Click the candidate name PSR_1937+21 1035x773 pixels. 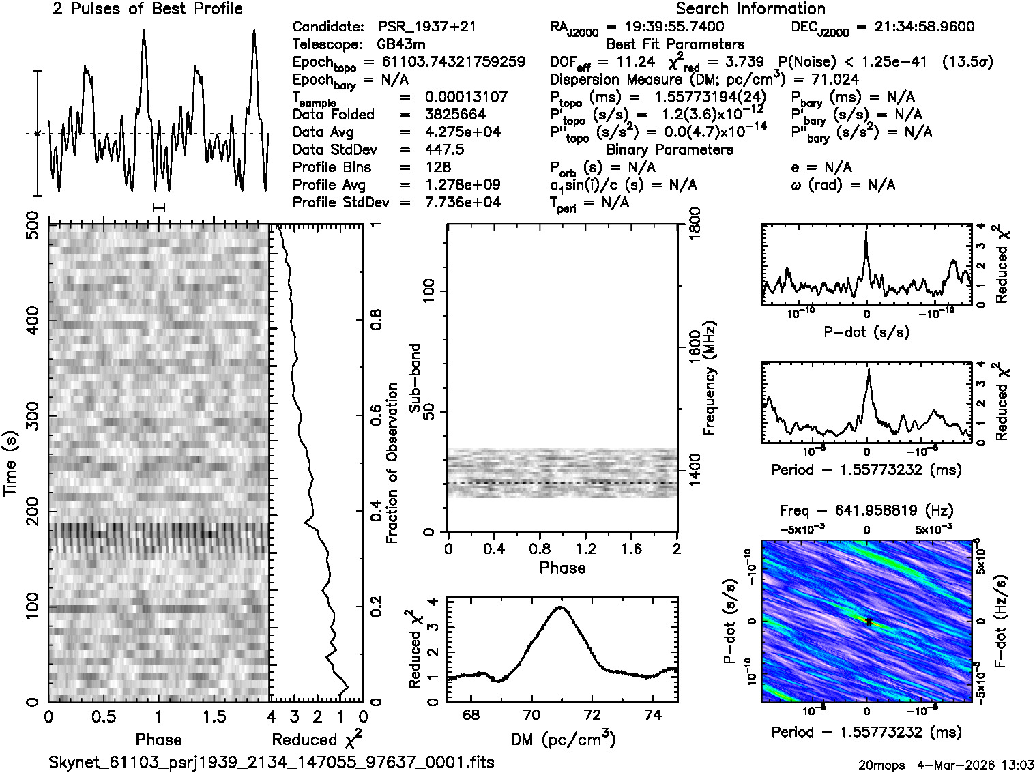(427, 27)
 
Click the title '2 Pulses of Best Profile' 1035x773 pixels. (147, 9)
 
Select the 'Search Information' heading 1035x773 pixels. (750, 9)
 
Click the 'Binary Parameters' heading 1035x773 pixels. (669, 150)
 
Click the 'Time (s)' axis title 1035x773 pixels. (11, 464)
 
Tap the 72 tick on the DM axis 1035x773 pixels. (593, 715)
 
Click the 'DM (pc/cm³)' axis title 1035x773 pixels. (562, 740)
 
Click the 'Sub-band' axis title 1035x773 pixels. (415, 378)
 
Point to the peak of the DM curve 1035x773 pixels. (561, 607)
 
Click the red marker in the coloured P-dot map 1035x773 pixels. (867, 622)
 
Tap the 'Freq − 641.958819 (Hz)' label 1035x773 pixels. (866, 511)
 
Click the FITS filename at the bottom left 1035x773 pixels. (272, 762)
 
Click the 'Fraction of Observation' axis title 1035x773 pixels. (392, 463)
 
